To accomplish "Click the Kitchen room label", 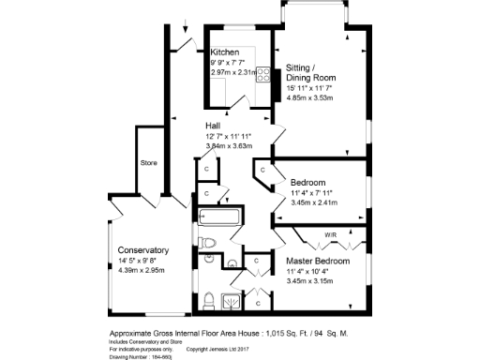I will [x=225, y=52].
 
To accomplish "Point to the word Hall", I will [x=215, y=126].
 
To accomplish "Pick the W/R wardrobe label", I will [x=331, y=234].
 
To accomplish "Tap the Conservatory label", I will [x=142, y=250].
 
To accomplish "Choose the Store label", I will [x=150, y=162].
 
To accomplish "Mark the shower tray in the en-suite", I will [x=230, y=300].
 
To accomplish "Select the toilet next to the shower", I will [x=208, y=300].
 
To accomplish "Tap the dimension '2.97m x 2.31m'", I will [x=232, y=71].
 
